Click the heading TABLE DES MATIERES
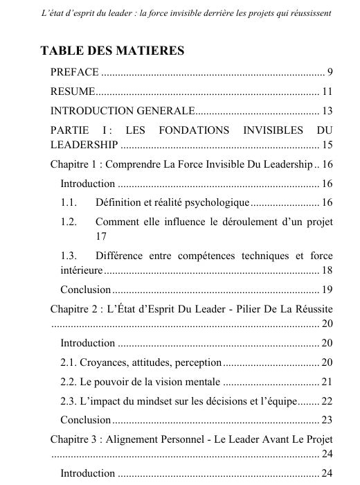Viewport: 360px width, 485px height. click(113, 51)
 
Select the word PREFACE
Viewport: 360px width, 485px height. click(75, 73)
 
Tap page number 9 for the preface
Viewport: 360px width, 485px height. click(330, 73)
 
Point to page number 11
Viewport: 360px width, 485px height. click(327, 91)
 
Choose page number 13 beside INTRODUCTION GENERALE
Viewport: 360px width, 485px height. click(327, 111)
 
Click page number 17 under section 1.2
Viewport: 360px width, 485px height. click(101, 236)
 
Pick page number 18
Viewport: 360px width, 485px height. click(327, 270)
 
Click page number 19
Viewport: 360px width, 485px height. click(327, 289)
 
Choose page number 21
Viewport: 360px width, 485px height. click(327, 381)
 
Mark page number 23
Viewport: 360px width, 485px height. click(327, 419)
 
